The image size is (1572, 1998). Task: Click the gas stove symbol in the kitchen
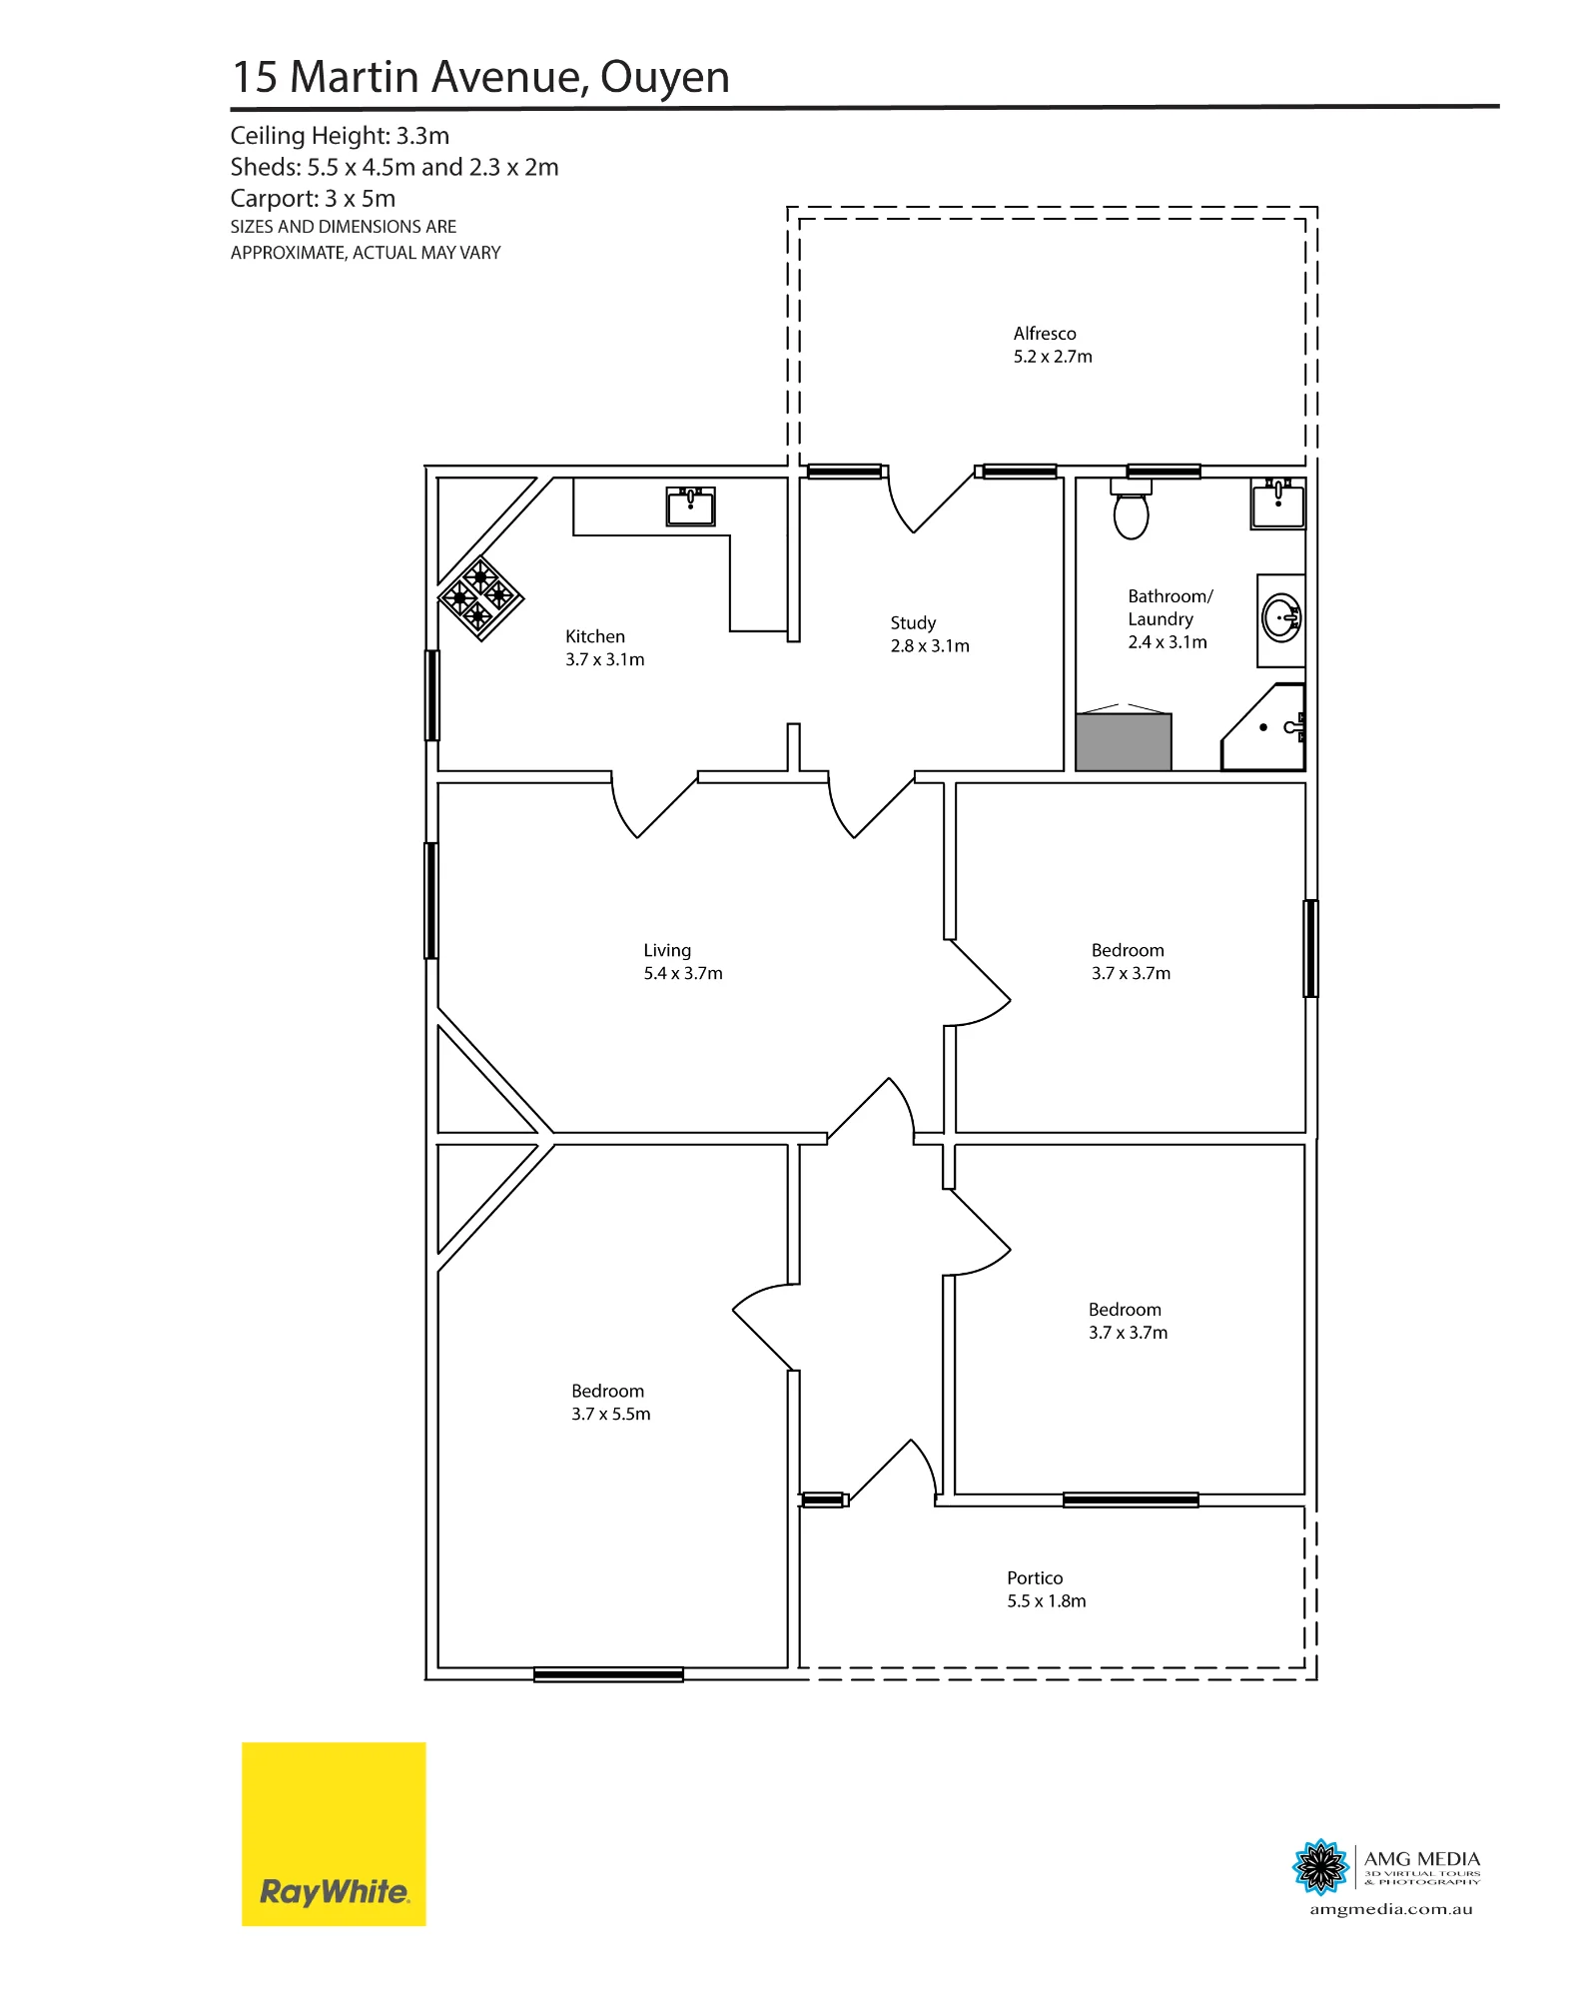(481, 598)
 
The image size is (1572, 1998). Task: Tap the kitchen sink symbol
(690, 506)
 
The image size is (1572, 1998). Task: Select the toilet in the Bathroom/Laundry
(1131, 509)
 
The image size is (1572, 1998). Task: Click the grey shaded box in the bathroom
(1124, 741)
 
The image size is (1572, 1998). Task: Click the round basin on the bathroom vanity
(1281, 618)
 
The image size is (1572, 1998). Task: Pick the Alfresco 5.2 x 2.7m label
(1053, 345)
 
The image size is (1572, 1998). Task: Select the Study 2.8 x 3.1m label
(930, 634)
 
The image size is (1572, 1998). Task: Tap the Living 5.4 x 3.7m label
(683, 962)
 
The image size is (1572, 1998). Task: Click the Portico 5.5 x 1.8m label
(1047, 1589)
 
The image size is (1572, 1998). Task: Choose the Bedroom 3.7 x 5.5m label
(611, 1403)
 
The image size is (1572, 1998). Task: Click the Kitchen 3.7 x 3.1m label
(605, 647)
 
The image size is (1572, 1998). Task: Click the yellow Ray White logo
(334, 1834)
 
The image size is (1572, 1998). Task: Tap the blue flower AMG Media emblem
(1320, 1866)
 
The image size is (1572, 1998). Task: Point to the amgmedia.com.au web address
(1391, 1910)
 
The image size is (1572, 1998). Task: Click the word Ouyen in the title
(665, 78)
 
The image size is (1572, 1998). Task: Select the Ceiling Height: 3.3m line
(340, 136)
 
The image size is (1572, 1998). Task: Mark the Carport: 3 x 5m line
(313, 199)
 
